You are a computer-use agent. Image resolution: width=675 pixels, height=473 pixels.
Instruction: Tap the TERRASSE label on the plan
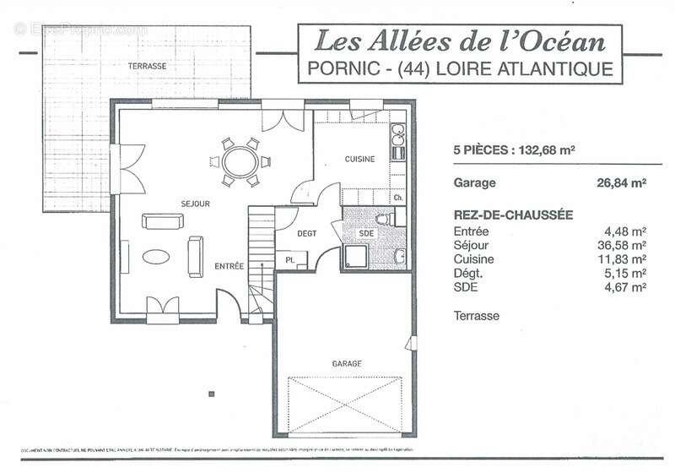(147, 66)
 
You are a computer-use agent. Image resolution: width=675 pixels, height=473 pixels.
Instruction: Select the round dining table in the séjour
(241, 160)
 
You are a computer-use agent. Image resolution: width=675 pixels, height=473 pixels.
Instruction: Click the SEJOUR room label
(195, 204)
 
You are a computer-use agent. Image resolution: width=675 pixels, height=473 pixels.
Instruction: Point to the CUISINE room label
(359, 159)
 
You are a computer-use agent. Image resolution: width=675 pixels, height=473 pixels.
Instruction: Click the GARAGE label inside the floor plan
(346, 363)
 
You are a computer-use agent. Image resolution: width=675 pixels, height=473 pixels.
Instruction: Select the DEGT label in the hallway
(306, 234)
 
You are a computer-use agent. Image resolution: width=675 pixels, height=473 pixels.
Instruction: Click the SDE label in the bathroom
(365, 234)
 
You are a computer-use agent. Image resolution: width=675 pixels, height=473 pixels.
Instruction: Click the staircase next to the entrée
(261, 262)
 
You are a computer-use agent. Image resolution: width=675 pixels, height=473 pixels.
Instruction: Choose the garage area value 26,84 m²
(621, 182)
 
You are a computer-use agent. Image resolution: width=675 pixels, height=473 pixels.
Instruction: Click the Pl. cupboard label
(290, 260)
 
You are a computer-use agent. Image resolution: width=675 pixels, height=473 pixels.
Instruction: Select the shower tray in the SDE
(357, 258)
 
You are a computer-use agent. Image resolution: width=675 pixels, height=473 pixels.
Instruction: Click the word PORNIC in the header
(337, 68)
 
